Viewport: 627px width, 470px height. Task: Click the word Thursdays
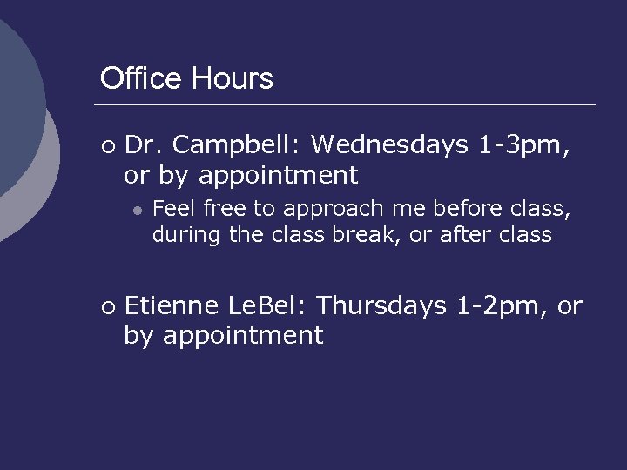382,305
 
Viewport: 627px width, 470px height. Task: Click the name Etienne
172,305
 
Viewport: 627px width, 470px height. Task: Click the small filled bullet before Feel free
137,210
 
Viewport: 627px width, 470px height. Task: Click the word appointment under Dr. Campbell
278,176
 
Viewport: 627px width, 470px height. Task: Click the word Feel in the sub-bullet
172,209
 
